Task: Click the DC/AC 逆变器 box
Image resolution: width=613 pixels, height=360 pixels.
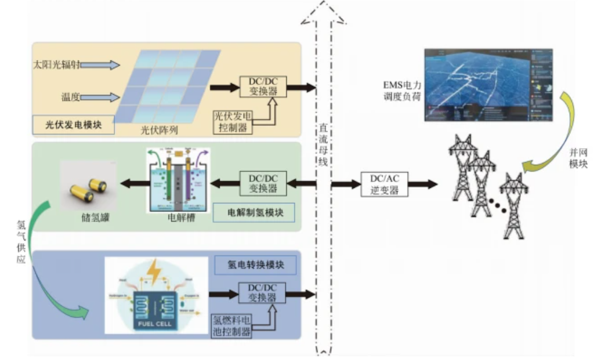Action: coord(385,185)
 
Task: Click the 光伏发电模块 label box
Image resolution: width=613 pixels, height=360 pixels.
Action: coord(73,124)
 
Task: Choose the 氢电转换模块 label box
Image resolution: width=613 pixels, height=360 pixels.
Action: coord(255,264)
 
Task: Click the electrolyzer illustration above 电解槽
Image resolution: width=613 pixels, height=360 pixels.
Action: coord(179,179)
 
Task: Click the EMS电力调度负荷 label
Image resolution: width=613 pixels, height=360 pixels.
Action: coord(402,91)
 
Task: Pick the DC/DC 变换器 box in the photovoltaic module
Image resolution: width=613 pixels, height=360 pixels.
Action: coord(262,87)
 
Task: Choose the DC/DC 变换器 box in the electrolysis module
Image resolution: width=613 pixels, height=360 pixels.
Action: coord(262,183)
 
